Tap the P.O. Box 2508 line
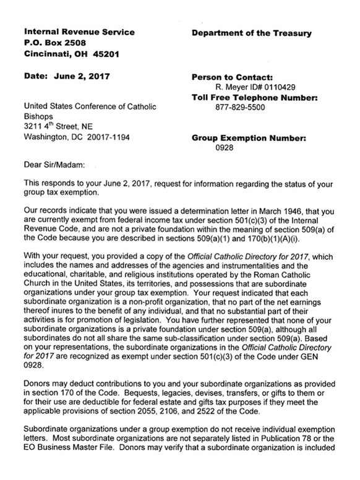[54, 43]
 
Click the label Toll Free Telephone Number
[256, 97]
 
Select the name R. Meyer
[225, 87]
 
